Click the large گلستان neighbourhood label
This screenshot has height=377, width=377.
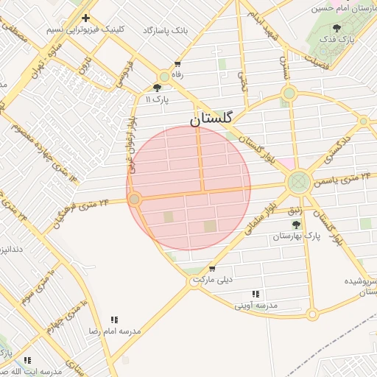[x=212, y=118]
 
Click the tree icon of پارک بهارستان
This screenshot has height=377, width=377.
[x=296, y=225]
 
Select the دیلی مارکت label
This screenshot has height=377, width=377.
[x=212, y=280]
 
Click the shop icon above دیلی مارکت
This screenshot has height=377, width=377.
[x=212, y=269]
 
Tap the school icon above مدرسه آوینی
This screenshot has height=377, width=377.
[x=256, y=293]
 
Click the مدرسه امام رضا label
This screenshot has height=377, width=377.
[x=115, y=331]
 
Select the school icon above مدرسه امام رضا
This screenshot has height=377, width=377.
[x=114, y=320]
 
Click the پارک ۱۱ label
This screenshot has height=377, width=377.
[x=157, y=98]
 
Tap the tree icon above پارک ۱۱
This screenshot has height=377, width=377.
[x=157, y=88]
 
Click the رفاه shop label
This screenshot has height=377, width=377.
[x=177, y=74]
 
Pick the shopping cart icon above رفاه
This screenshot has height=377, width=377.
[x=177, y=64]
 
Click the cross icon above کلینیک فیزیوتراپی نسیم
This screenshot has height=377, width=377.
[x=86, y=18]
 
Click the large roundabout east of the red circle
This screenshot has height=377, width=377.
[x=298, y=181]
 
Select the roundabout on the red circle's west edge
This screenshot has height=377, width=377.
[x=134, y=199]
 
